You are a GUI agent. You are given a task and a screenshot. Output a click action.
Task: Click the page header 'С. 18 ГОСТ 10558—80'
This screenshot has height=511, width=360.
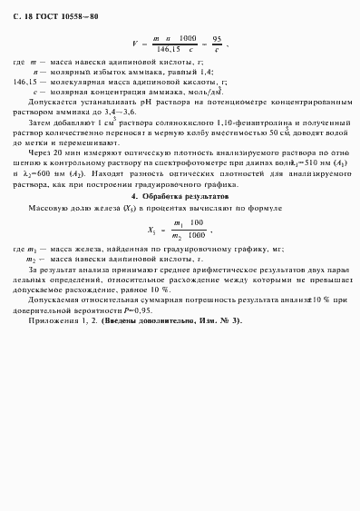pyautogui.click(x=61, y=17)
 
